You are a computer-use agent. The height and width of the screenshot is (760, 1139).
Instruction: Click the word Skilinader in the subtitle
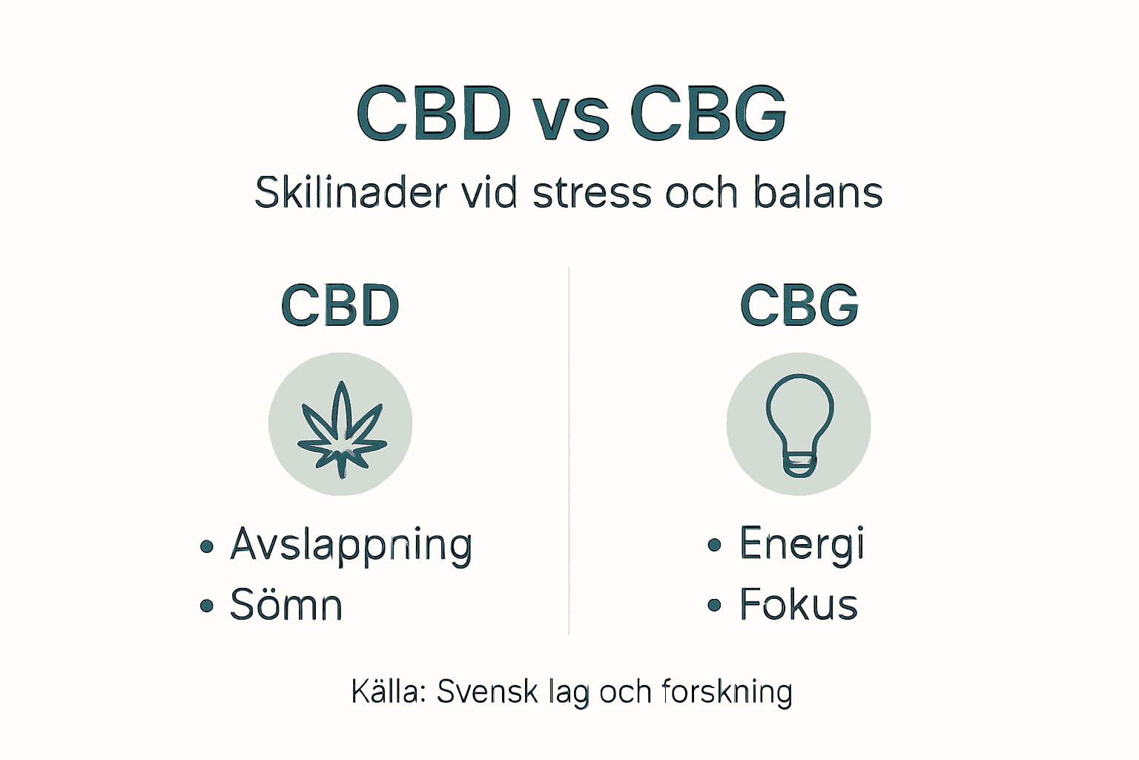pos(351,193)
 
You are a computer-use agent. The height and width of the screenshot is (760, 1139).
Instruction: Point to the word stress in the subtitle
pos(592,193)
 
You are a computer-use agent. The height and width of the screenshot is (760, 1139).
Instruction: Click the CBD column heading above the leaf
pos(340,306)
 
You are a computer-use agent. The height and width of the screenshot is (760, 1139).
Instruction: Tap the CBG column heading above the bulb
pos(799,306)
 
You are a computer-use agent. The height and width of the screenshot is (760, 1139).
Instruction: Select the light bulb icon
pos(799,424)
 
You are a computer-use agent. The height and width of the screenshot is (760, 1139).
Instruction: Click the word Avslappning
pos(351,546)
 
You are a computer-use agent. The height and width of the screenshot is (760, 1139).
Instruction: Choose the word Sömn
pos(286,605)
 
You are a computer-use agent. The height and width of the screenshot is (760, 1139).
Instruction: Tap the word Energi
pos(802,545)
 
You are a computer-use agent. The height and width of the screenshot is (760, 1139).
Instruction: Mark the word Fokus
pos(799,605)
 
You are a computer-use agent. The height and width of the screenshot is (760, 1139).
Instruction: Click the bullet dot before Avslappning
pos(207,547)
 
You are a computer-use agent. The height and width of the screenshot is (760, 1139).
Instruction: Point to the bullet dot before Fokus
pos(714,606)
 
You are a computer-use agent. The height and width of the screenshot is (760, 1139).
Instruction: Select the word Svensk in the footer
pos(487,692)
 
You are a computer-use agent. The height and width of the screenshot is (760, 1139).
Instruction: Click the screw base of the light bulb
pos(799,467)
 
